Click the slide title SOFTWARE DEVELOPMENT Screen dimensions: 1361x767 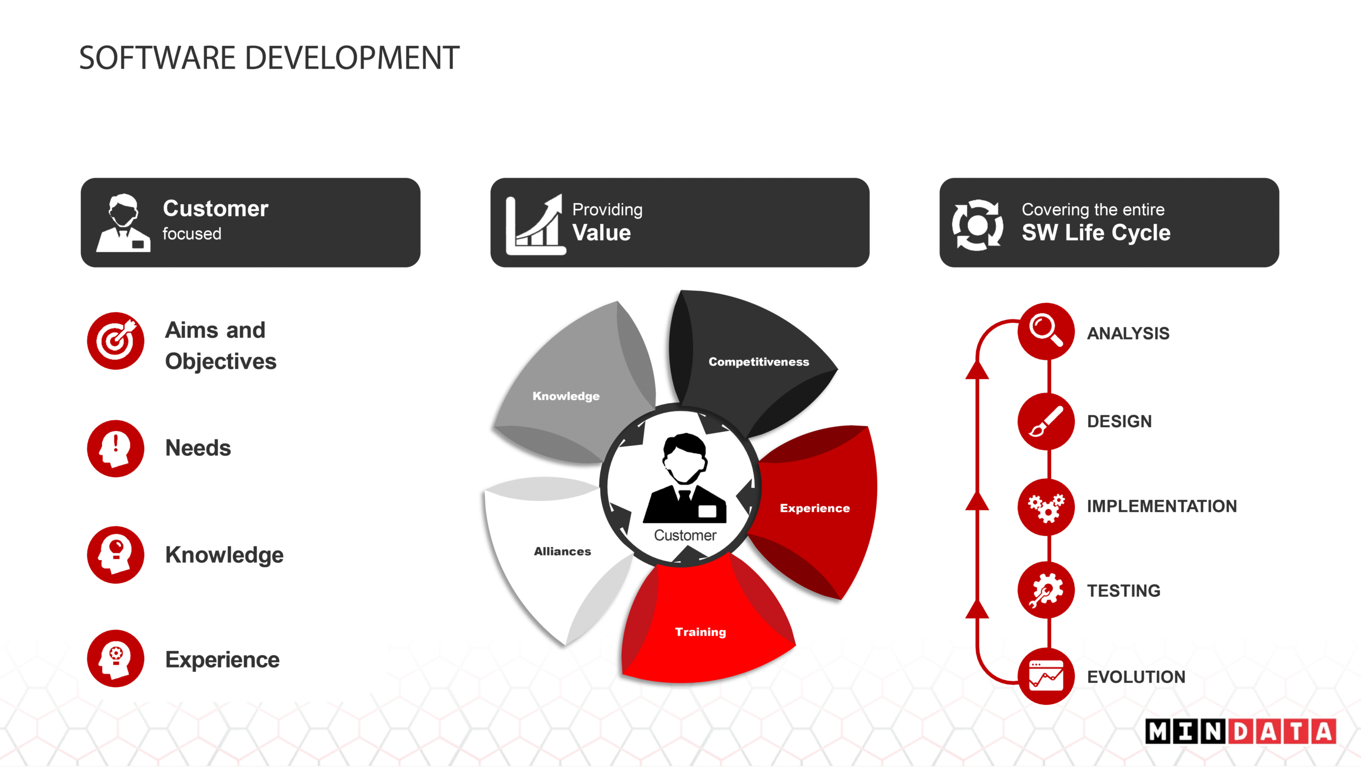(269, 57)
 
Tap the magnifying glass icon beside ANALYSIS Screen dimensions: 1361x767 (1046, 331)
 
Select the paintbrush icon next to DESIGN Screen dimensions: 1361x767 (1046, 421)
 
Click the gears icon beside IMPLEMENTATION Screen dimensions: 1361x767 (1046, 506)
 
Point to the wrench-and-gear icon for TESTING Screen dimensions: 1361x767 (1046, 590)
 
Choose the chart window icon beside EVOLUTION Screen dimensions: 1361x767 (1046, 676)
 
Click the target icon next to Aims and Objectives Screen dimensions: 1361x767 (115, 340)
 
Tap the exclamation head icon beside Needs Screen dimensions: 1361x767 (115, 448)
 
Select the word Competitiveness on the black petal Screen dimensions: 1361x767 (759, 362)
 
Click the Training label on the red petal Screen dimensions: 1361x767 (700, 632)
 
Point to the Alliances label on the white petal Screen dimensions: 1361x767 (562, 552)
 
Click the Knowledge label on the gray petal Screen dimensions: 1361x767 (566, 396)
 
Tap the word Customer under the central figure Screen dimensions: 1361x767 (685, 535)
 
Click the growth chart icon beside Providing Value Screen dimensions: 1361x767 (535, 224)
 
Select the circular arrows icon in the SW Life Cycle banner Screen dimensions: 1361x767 (977, 225)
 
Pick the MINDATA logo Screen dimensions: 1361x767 (1240, 731)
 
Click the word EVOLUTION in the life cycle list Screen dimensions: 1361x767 (1136, 677)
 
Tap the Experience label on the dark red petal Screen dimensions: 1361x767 (814, 508)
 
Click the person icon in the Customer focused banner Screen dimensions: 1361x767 (123, 223)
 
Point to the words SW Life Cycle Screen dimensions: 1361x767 (1096, 233)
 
